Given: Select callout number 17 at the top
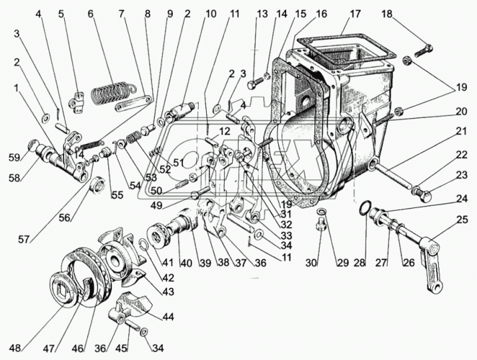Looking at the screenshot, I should pos(354,13).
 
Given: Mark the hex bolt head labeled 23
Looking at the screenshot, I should pos(420,195).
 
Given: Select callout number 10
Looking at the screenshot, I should pos(211,13).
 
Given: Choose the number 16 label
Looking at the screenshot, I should pos(322,13).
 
